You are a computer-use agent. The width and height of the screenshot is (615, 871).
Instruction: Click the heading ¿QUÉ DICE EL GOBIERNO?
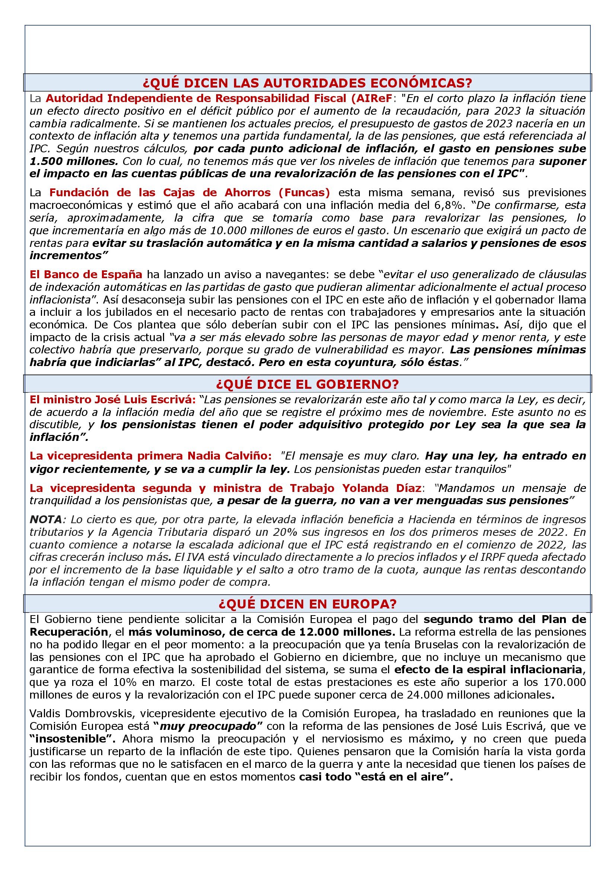pyautogui.click(x=307, y=384)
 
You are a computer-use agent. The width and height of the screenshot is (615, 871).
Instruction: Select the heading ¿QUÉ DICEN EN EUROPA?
pyautogui.click(x=307, y=604)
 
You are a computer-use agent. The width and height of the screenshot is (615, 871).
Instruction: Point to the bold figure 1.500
pyautogui.click(x=45, y=161)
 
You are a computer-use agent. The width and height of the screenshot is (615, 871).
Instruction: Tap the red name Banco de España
pyautogui.click(x=93, y=274)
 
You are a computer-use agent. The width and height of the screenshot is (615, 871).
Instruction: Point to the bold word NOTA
pyautogui.click(x=45, y=519)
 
